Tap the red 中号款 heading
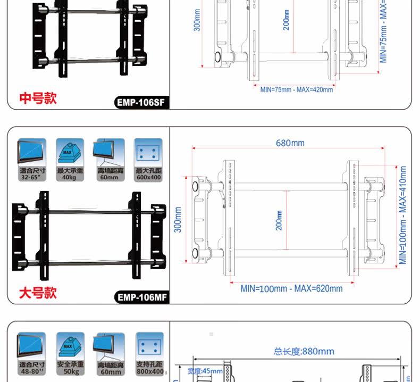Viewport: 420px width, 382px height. [x=38, y=98]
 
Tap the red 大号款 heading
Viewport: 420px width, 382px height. [x=38, y=293]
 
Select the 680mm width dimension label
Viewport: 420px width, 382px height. [x=290, y=143]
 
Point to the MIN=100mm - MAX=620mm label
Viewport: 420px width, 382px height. [x=291, y=288]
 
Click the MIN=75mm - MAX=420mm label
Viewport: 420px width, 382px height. [x=297, y=89]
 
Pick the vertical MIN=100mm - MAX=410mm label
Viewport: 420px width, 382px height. [x=403, y=215]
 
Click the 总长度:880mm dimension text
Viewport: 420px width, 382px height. [x=304, y=351]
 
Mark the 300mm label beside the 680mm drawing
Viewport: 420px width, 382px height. [x=179, y=219]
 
